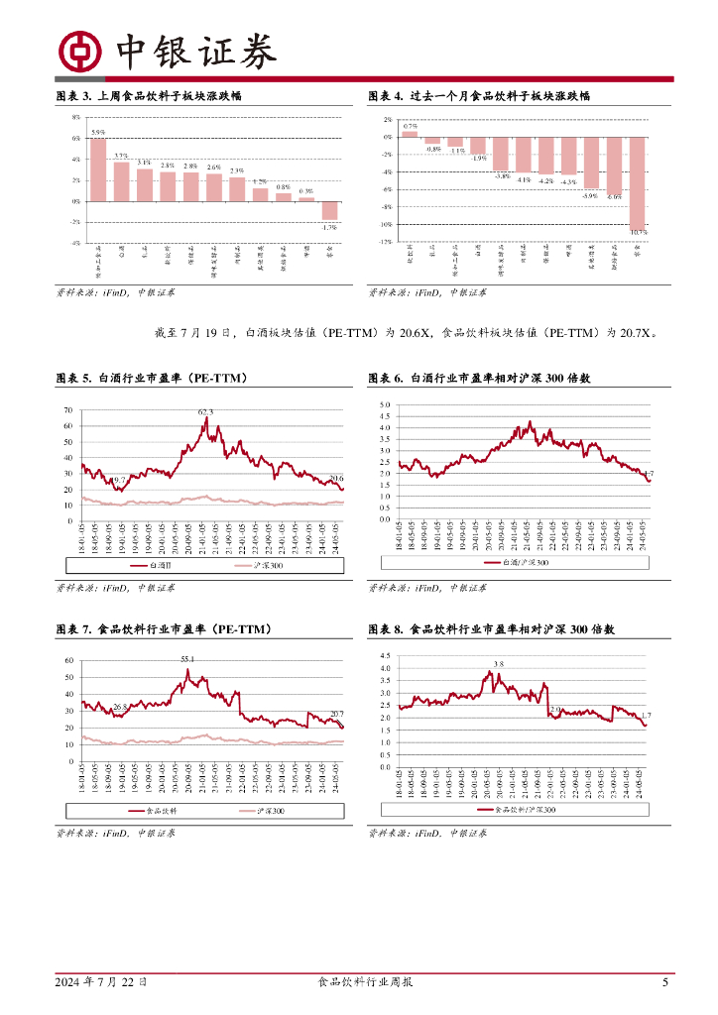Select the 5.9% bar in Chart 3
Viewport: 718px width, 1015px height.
pos(98,169)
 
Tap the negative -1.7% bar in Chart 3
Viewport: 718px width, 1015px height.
pos(330,210)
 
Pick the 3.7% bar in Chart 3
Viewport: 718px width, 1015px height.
pos(121,181)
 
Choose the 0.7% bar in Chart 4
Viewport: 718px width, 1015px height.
pos(410,133)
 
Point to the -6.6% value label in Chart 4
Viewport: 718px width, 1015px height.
pos(615,197)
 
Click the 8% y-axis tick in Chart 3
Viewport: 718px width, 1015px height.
pos(76,117)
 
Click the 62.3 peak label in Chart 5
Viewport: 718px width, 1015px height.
pos(205,412)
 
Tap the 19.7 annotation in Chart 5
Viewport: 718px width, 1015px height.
pos(118,480)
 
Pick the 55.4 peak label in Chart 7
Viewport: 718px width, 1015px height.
pos(187,659)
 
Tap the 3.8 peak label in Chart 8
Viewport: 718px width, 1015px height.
pos(498,664)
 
